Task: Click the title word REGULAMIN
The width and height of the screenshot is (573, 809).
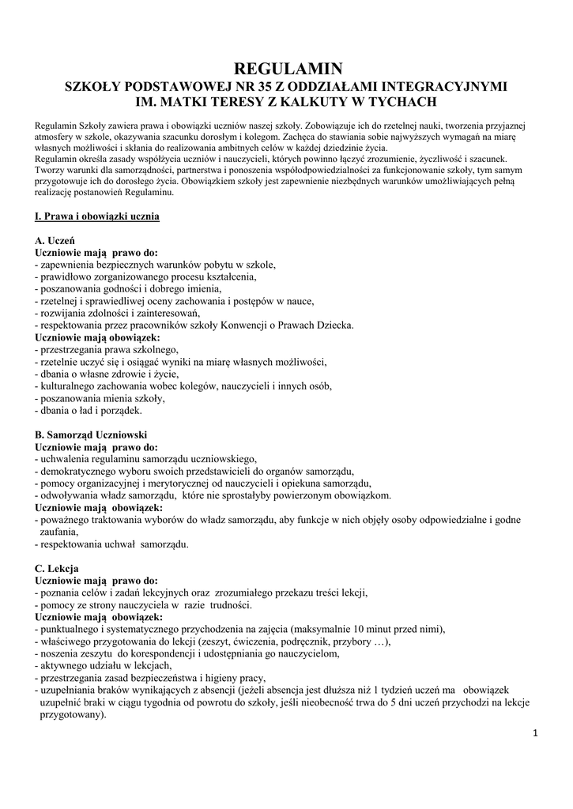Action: [287, 69]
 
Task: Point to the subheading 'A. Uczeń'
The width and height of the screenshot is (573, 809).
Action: [55, 239]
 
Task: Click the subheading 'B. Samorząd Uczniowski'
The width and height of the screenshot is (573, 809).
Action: [91, 435]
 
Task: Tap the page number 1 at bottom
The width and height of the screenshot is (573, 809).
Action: [535, 733]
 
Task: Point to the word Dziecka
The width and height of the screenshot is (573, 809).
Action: [335, 325]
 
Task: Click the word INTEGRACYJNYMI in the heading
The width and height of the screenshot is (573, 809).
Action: [444, 85]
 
